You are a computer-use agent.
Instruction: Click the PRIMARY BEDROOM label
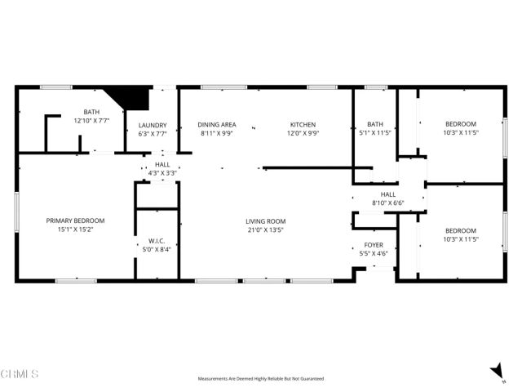tap(75, 220)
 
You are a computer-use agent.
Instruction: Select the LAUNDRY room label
tap(153, 125)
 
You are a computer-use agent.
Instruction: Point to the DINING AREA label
tap(216, 125)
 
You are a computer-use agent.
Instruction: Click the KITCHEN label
tap(303, 125)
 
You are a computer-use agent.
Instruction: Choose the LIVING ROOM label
tap(266, 220)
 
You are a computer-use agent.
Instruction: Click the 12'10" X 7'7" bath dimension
tap(91, 121)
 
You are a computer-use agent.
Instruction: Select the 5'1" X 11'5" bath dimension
tap(375, 132)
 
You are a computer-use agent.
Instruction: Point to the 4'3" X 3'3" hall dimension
tap(162, 173)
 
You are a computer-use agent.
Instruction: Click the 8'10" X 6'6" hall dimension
tap(388, 203)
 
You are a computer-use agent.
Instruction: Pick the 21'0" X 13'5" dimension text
tap(266, 229)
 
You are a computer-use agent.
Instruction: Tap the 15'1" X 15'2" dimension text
tap(75, 229)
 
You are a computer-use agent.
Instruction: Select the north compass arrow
tap(497, 372)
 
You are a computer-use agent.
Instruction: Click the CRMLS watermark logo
tap(20, 373)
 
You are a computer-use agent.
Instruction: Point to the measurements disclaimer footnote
tap(261, 379)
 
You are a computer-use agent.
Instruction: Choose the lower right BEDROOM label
tap(461, 230)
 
